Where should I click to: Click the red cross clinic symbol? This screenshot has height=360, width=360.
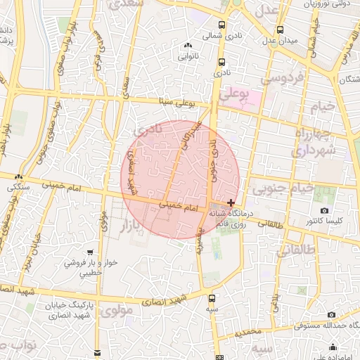(x=231, y=202)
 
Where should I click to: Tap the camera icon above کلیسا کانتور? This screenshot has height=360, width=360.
(x=324, y=210)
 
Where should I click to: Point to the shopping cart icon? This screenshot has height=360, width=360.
(x=90, y=252)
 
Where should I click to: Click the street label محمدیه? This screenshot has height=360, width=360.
(x=250, y=330)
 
